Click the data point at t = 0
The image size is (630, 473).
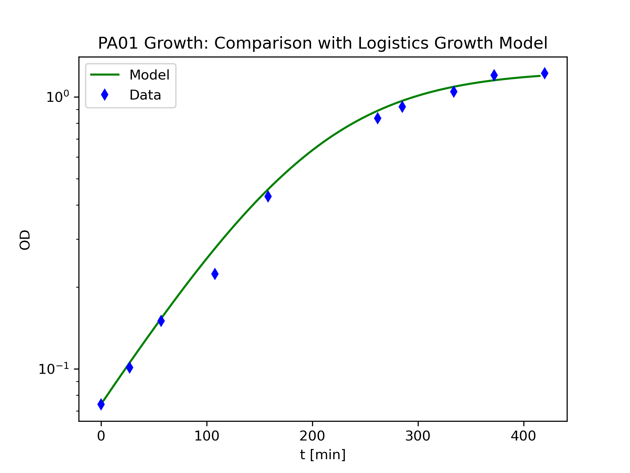click(101, 404)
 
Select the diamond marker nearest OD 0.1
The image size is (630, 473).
click(130, 367)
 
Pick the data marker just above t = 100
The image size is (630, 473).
click(215, 274)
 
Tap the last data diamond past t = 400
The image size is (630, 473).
click(544, 73)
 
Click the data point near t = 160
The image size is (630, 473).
click(268, 196)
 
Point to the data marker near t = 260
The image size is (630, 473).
click(378, 118)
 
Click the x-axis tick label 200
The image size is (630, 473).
click(312, 436)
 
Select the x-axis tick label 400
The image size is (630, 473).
click(523, 436)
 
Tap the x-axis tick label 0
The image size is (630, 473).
click(101, 436)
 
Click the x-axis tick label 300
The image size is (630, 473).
click(418, 436)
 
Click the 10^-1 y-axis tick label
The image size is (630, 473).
click(54, 369)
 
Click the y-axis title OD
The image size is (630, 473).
click(25, 240)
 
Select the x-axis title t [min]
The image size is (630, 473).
click(323, 455)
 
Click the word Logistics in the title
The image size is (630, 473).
click(393, 43)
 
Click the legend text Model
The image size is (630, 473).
click(149, 75)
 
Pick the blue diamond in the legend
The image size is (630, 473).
click(105, 95)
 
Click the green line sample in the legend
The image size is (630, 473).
click(105, 75)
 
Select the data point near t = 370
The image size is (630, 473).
click(494, 75)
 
